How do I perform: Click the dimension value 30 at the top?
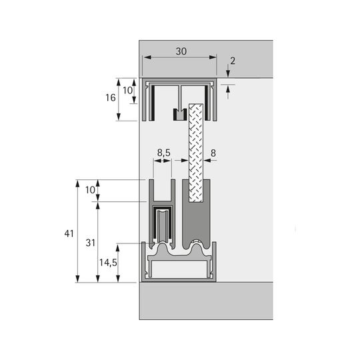(x=181, y=51)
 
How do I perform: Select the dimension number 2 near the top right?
(x=233, y=61)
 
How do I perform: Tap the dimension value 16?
(x=111, y=98)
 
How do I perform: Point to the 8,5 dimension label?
(x=164, y=153)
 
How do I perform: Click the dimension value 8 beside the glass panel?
(x=213, y=153)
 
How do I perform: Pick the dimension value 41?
(x=69, y=233)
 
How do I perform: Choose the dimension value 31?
(x=90, y=243)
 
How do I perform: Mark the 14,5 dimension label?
(x=108, y=263)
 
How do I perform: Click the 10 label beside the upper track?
(x=127, y=91)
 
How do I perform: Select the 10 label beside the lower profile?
(x=90, y=190)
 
